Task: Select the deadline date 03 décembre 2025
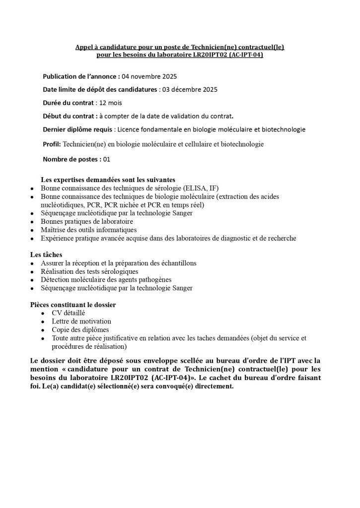(189, 90)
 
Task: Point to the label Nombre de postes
(72, 159)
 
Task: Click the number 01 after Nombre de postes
(106, 159)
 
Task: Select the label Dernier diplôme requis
(77, 129)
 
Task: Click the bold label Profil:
(52, 144)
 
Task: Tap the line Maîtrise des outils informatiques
(88, 230)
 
